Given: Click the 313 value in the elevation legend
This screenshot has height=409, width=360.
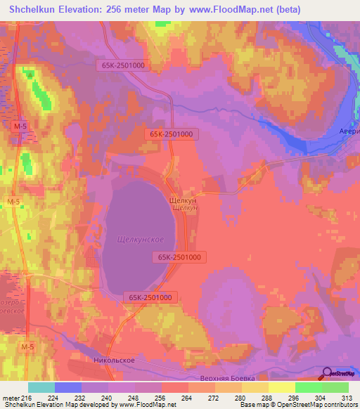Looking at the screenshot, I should (x=348, y=398).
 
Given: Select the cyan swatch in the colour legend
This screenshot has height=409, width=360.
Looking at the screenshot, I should (x=41, y=387).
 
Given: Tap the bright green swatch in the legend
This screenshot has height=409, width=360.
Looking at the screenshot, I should (x=309, y=387).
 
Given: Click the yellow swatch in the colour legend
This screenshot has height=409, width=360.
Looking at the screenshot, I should (x=282, y=387).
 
